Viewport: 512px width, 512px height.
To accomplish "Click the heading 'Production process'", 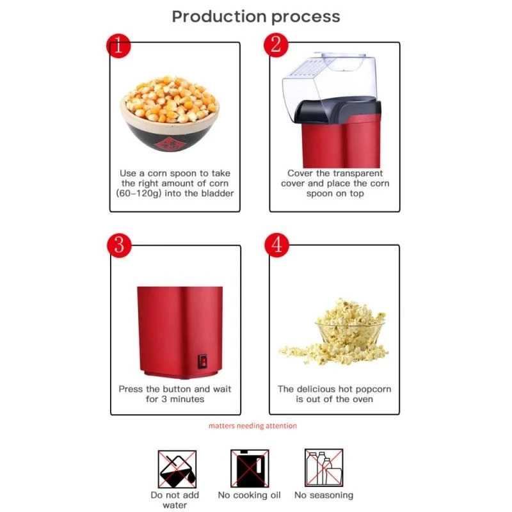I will tap(255, 17).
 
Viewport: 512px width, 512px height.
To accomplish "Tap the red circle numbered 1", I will tap(118, 46).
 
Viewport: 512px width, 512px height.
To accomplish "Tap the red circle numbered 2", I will tap(276, 45).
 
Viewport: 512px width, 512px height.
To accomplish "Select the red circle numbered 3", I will tap(118, 246).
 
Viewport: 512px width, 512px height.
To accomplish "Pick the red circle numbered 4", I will tap(276, 246).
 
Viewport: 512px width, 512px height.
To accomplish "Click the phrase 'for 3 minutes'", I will tap(175, 399).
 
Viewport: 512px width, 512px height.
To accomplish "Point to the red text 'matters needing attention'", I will tap(252, 426).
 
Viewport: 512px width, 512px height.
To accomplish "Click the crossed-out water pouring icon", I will tap(177, 468).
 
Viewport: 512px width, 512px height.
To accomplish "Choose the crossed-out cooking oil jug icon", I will tap(249, 468).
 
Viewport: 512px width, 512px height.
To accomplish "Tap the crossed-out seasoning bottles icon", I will tap(323, 468).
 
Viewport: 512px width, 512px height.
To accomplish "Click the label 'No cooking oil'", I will tap(249, 495).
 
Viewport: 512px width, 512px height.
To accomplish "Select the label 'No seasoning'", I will tap(323, 495).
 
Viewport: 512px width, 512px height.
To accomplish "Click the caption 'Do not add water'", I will tap(175, 500).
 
